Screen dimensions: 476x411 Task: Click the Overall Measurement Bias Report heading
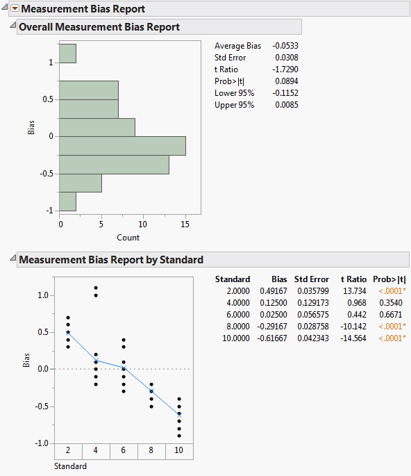[x=99, y=27]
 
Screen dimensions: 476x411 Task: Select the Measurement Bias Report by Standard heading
[x=110, y=260]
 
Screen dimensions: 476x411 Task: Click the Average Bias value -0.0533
[x=285, y=46]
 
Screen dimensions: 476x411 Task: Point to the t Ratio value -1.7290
[x=285, y=69]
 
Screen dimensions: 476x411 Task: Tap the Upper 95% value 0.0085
[x=287, y=105]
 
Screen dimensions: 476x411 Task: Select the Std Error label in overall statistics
[x=230, y=58]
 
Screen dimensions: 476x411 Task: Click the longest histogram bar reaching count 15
[x=122, y=145]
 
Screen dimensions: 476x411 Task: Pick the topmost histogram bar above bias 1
[x=67, y=54]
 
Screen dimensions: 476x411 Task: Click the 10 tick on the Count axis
[x=143, y=224]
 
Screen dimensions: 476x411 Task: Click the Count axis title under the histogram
[x=128, y=237]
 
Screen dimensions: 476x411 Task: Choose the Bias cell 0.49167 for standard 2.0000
[x=274, y=291]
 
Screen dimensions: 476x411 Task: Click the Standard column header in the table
[x=233, y=279]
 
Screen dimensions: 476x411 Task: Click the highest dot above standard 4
[x=96, y=288]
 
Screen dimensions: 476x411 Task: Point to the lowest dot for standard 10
[x=180, y=436]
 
